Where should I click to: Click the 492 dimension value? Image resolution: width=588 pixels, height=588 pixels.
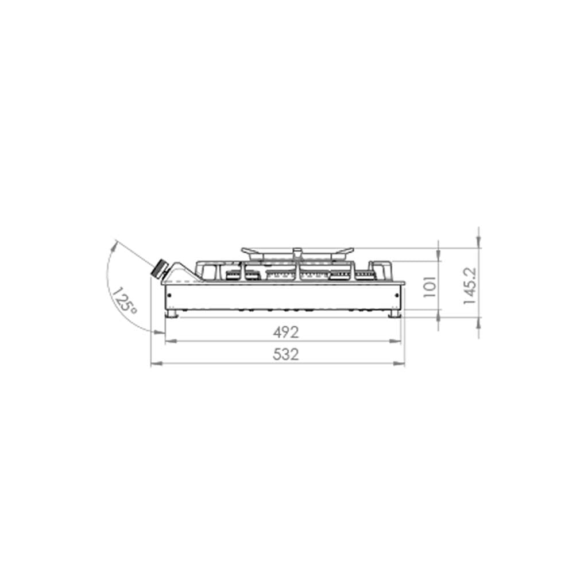tap(286, 332)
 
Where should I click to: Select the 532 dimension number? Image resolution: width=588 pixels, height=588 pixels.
tap(286, 354)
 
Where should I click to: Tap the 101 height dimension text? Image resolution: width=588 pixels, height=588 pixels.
tap(430, 287)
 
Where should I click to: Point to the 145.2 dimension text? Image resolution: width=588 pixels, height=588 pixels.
tap(470, 286)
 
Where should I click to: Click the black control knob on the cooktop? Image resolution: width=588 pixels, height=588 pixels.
tap(159, 269)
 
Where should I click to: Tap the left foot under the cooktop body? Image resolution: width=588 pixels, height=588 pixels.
tap(172, 314)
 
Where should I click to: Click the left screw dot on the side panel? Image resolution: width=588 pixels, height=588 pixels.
tap(169, 295)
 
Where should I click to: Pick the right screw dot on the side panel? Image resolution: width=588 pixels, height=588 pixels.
tap(397, 295)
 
